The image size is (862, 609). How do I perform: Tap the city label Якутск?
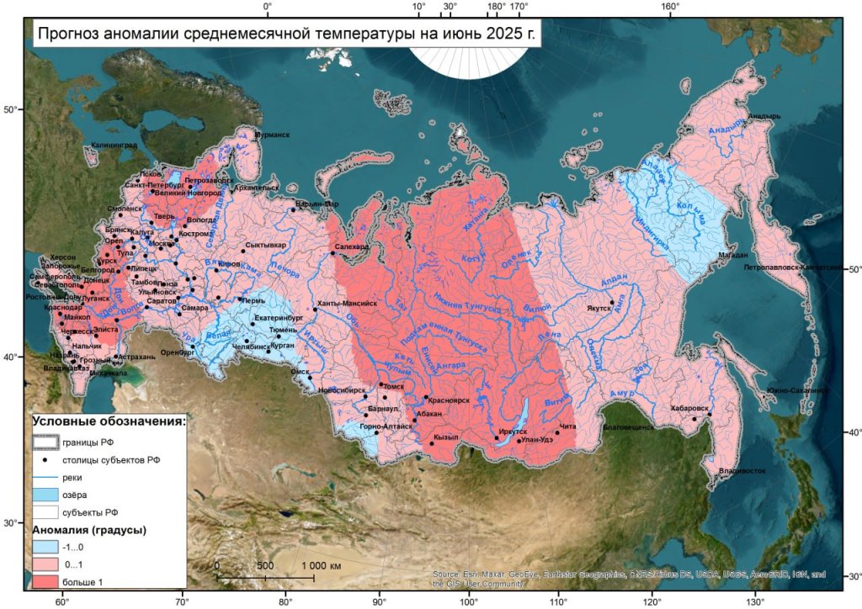(601, 308)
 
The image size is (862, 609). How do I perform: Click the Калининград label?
(113, 146)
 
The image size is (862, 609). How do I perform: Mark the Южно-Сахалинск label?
(795, 390)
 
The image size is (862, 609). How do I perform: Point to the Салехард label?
(350, 246)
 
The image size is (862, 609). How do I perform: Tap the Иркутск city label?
(512, 431)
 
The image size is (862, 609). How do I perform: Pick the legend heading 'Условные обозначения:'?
(109, 421)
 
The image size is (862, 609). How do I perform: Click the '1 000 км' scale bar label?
(320, 566)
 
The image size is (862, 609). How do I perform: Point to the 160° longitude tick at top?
(670, 8)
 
